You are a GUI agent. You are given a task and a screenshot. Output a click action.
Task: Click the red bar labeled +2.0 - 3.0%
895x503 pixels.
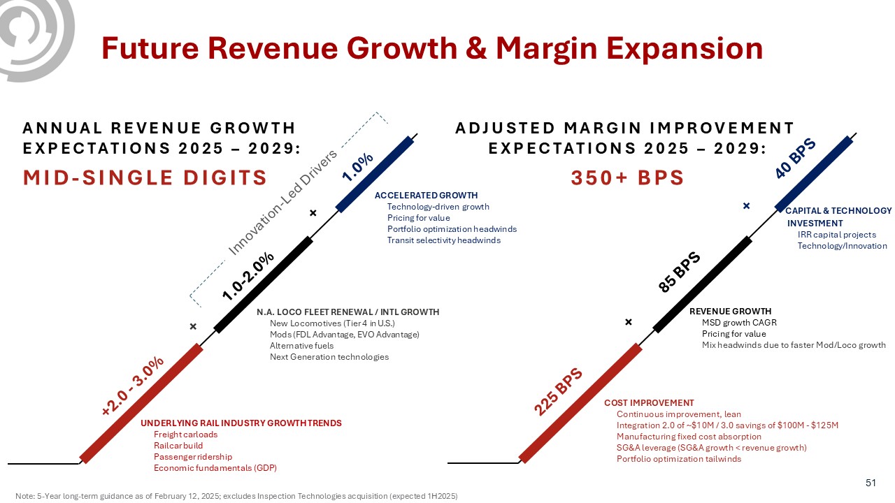[142, 402]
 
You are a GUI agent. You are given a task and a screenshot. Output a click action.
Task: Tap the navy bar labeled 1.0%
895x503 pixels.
[375, 173]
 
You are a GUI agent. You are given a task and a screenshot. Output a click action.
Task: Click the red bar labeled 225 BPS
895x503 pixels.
[580, 402]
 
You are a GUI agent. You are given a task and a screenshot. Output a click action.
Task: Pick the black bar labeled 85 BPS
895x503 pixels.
[702, 284]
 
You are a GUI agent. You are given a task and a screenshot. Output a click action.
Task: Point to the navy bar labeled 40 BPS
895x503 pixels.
[814, 173]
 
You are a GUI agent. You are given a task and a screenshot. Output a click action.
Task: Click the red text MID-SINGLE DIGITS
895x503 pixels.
[145, 177]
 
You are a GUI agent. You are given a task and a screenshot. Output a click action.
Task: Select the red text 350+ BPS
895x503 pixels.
[627, 177]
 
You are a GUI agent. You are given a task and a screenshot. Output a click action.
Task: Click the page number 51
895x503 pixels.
[871, 483]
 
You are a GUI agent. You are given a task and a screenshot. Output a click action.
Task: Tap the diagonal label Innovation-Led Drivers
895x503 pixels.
[283, 201]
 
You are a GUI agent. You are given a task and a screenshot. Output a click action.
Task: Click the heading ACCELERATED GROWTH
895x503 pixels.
[427, 196]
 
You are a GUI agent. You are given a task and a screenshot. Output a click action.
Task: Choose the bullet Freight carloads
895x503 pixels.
[185, 435]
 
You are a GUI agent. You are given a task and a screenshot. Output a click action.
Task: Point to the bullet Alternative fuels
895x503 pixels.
[301, 346]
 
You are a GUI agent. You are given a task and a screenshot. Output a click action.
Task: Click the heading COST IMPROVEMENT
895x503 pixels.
[649, 403]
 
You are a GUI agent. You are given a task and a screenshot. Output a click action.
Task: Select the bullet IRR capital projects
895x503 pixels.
[836, 235]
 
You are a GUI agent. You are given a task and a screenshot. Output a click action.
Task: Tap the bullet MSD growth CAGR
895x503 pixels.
[739, 323]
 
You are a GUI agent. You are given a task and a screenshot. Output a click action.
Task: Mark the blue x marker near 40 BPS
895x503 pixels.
[747, 206]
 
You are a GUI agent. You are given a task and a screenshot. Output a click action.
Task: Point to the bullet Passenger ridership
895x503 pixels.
[192, 457]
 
